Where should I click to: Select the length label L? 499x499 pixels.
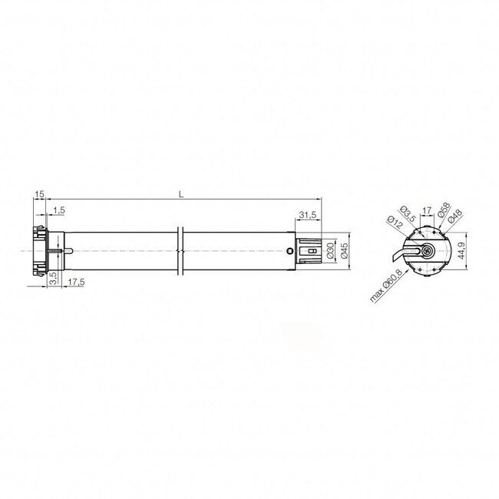(180, 195)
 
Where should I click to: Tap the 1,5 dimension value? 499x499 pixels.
(59, 210)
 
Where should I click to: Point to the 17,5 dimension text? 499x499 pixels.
(75, 283)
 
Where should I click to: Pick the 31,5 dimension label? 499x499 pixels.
(308, 214)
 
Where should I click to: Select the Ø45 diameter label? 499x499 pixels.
(345, 250)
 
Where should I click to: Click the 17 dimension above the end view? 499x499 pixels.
(426, 207)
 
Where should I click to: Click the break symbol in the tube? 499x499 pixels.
(180, 250)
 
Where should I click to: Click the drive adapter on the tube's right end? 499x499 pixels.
(310, 250)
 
